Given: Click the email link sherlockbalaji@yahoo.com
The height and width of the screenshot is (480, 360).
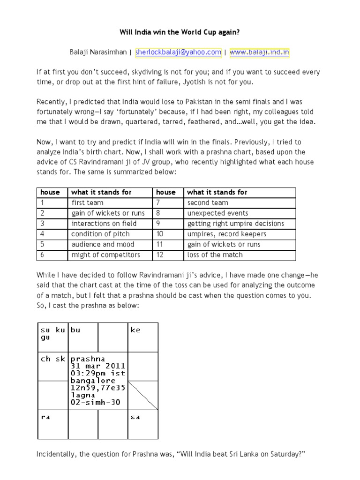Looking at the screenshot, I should click(x=178, y=52).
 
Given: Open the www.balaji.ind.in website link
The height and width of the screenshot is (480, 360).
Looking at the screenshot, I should click(x=259, y=52).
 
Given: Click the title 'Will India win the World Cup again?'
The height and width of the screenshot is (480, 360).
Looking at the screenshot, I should click(x=180, y=34).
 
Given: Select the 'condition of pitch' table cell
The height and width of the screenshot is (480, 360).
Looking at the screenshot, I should click(x=100, y=234).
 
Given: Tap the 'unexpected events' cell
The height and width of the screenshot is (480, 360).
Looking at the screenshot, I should click(x=212, y=213).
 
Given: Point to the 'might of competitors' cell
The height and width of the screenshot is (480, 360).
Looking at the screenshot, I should click(x=105, y=255).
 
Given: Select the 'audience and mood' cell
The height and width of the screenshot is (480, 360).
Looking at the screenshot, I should click(x=103, y=244).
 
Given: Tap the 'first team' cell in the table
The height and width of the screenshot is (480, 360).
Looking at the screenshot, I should click(x=87, y=202).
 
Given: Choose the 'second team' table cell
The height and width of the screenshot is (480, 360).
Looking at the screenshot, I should click(x=208, y=202).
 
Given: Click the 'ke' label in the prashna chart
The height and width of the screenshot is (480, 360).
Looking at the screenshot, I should click(x=135, y=330).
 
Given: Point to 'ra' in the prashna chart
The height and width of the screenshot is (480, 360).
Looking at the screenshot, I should click(x=45, y=417).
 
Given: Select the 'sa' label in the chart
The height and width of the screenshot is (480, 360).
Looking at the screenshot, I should click(x=135, y=417).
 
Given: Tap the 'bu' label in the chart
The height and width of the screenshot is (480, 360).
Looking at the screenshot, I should click(x=75, y=330).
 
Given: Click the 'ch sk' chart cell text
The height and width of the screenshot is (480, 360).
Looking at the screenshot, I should click(x=52, y=359).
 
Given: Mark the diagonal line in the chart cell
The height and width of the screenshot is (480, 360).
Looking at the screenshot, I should click(x=142, y=395).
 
